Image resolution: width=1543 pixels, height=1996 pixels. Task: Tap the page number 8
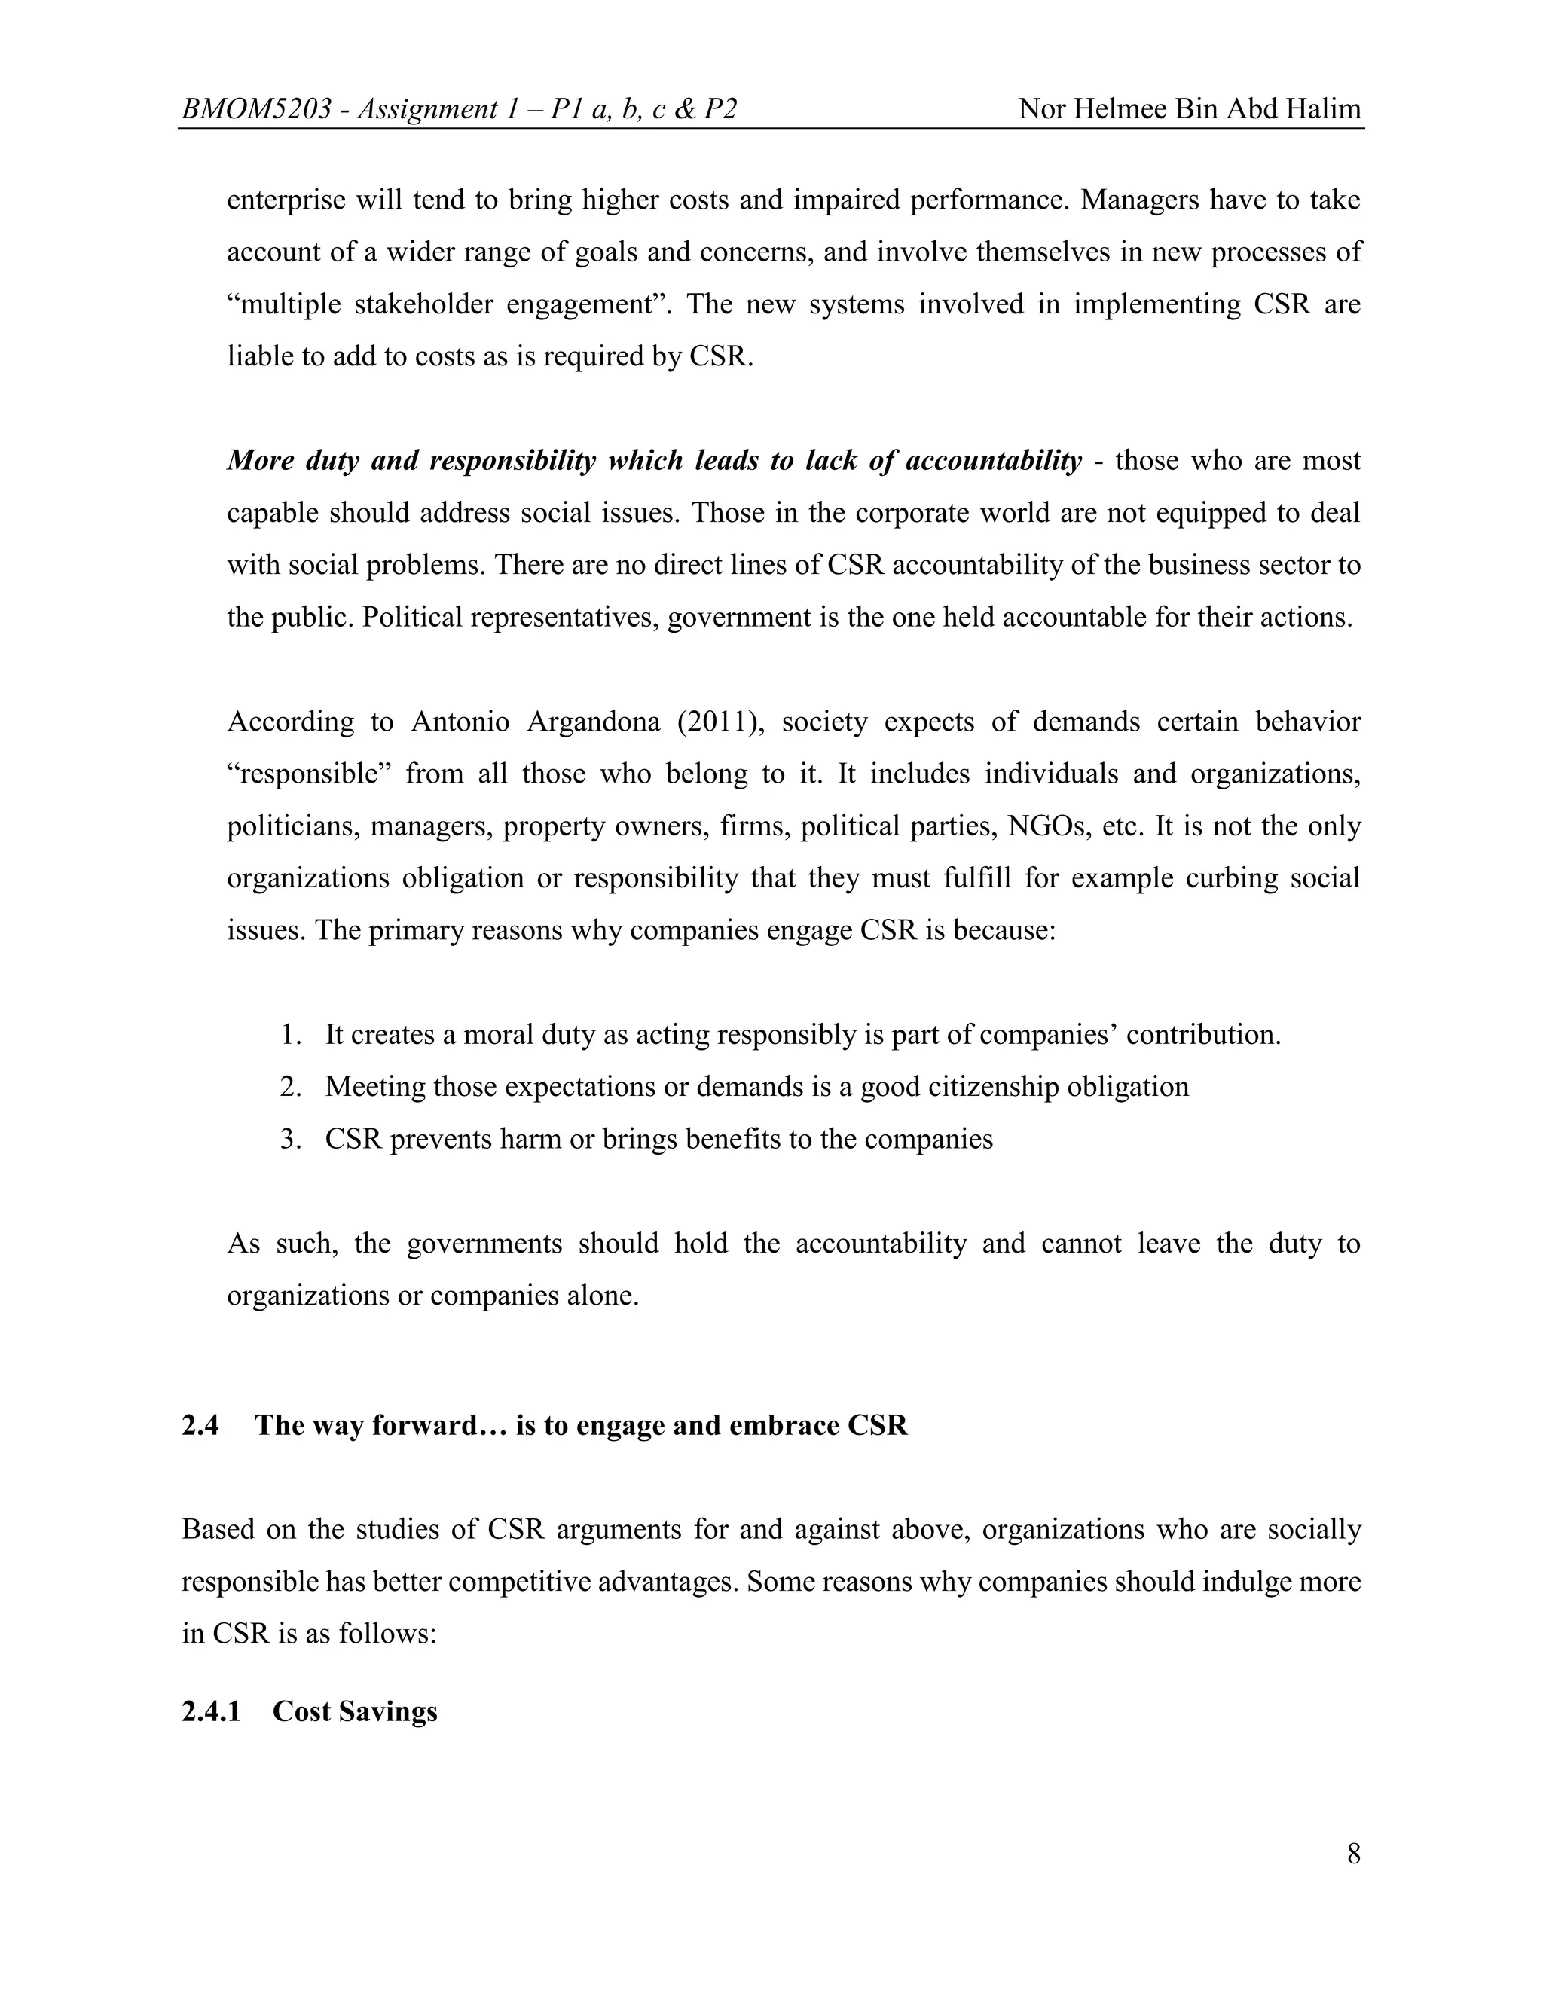[x=1353, y=1854]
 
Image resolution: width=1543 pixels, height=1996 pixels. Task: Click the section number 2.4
[x=200, y=1426]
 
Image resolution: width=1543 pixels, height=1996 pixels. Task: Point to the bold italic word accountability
[x=994, y=461]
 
